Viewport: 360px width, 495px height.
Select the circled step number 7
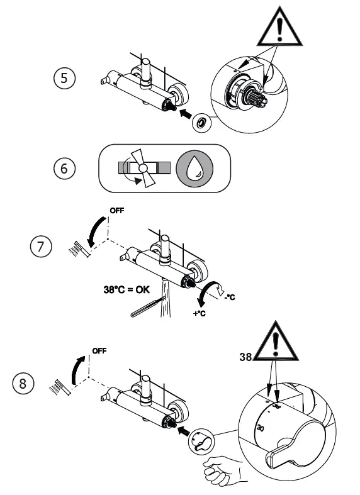[x=40, y=246]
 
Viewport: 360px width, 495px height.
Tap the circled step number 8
[x=24, y=384]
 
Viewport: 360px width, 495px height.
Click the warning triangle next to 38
[x=276, y=345]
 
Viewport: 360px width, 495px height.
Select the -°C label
[x=229, y=296]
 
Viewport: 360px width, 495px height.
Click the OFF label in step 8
[x=99, y=350]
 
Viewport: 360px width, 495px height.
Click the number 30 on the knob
[x=261, y=428]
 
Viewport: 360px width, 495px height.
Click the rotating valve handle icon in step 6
[x=143, y=169]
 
